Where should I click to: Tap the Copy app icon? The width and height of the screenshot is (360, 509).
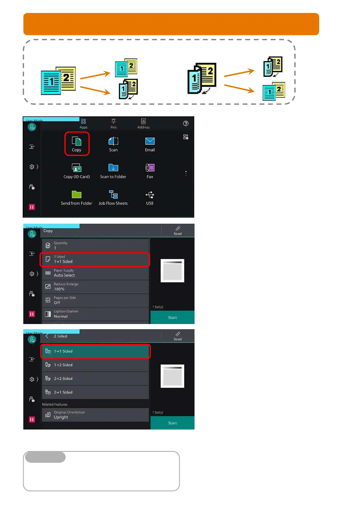77,141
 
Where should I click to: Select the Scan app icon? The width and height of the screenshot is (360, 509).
113,141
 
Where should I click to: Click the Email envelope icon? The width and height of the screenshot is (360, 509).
150,141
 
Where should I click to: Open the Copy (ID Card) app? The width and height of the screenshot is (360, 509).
77,168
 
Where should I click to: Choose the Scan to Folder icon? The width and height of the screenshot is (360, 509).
113,168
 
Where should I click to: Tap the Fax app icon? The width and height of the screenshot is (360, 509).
150,168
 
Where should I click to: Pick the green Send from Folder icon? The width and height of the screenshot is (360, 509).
77,194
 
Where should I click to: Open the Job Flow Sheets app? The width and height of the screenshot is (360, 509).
113,194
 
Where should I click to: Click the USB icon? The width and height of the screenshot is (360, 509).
150,194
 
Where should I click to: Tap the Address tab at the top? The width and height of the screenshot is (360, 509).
143,123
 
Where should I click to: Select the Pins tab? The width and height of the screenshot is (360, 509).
113,123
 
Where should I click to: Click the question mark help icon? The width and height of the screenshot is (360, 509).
186,123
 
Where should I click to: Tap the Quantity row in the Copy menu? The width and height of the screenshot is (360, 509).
95,245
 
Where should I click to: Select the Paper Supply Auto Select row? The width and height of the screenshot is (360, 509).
95,273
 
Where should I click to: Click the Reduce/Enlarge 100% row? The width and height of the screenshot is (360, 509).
95,287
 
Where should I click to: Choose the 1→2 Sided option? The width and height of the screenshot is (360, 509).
95,365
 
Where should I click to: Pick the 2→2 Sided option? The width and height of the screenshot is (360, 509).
95,378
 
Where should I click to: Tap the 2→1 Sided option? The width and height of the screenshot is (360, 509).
95,392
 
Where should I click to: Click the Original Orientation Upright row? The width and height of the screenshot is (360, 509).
95,415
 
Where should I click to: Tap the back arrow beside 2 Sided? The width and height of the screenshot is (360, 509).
47,336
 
